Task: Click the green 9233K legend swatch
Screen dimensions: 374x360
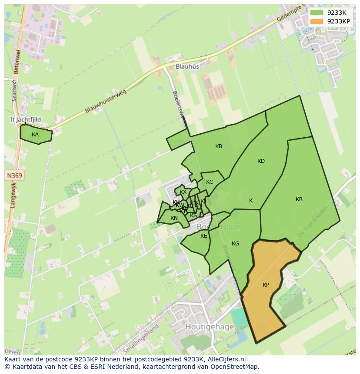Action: [x=317, y=13]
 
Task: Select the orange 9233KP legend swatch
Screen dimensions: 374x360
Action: [x=317, y=21]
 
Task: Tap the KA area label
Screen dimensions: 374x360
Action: [x=35, y=135]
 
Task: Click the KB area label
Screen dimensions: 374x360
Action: [x=219, y=146]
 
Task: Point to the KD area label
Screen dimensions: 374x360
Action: [x=261, y=161]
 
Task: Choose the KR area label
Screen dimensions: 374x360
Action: [x=299, y=199]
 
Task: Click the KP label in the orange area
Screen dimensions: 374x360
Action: [x=266, y=285]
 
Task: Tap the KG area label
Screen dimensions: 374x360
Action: [x=236, y=244]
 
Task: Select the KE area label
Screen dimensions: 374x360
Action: [x=204, y=236]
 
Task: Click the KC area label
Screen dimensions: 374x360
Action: [x=210, y=182]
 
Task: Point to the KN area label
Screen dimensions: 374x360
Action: [x=174, y=218]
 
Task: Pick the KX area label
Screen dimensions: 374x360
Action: [x=183, y=192]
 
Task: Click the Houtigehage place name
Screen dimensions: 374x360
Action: [x=210, y=327]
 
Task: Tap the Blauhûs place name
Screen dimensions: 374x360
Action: [x=187, y=66]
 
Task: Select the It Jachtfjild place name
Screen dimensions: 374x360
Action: [x=25, y=119]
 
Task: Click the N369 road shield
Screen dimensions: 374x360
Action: [x=15, y=175]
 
